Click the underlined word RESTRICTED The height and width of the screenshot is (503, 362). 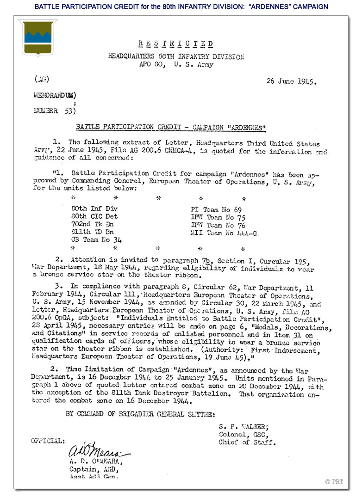click(x=176, y=44)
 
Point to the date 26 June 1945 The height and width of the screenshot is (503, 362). click(x=291, y=81)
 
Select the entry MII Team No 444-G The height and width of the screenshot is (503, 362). click(x=224, y=233)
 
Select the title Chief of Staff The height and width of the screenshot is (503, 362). click(x=247, y=442)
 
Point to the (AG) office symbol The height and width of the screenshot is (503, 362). click(x=42, y=79)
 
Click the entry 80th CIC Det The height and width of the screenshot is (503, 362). click(x=95, y=217)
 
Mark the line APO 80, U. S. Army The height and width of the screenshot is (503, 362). click(x=176, y=65)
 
